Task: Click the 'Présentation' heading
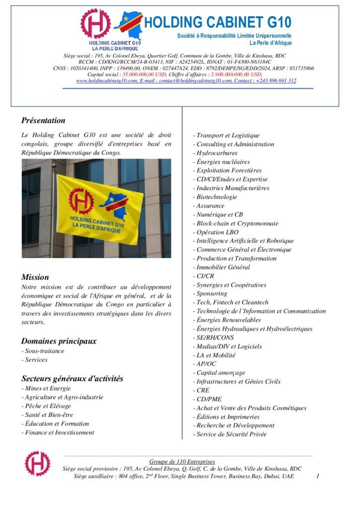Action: [x=43, y=120]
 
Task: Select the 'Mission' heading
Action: [x=35, y=277]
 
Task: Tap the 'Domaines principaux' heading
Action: [x=59, y=341]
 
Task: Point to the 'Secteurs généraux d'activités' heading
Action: [x=72, y=378]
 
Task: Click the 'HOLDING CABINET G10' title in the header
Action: [x=217, y=22]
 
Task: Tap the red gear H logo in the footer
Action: [x=38, y=463]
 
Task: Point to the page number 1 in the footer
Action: [x=317, y=476]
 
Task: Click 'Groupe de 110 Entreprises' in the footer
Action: [x=182, y=462]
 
